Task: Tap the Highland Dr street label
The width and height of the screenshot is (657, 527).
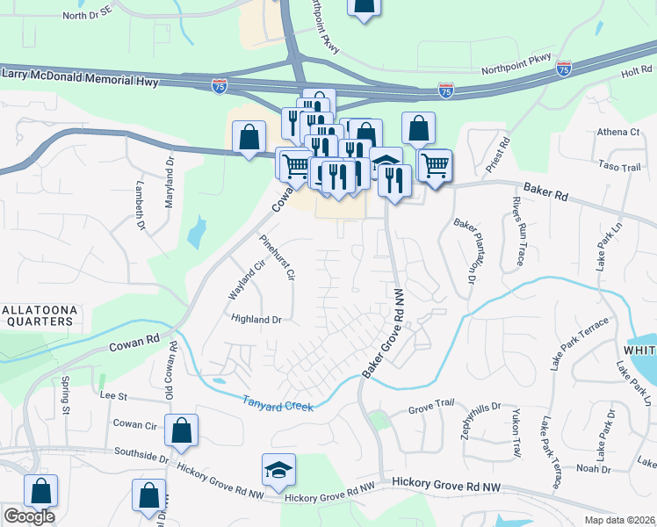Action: (x=256, y=320)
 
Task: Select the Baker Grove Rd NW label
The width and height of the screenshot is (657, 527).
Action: (x=383, y=334)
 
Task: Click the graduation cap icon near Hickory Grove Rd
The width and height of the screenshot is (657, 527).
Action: (x=278, y=472)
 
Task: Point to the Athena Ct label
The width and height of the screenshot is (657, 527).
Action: (x=618, y=132)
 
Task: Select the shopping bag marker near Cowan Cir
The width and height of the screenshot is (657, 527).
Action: (x=181, y=431)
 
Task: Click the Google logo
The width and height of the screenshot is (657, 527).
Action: (x=29, y=516)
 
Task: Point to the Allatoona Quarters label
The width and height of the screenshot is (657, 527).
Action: (x=36, y=315)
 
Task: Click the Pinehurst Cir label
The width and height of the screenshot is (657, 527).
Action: (x=277, y=256)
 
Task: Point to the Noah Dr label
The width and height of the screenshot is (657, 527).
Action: (x=593, y=469)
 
